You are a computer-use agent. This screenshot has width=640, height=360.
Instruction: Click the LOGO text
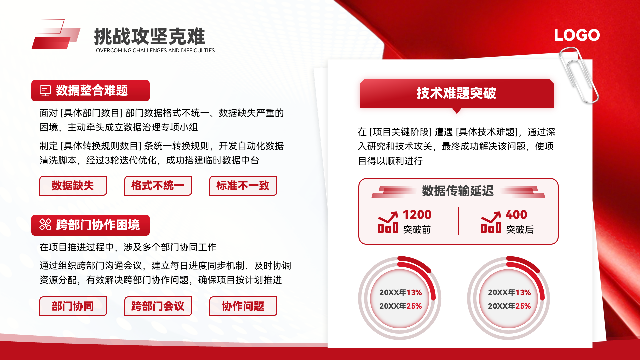coord(577,35)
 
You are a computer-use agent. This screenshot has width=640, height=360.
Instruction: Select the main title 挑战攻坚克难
coord(150,36)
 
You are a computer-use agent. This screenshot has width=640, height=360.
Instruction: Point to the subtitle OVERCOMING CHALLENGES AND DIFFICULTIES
coord(155,50)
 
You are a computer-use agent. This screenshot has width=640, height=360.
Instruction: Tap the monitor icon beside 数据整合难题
coord(45,91)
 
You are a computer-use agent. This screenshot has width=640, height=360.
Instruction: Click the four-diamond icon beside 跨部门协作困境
coord(45,225)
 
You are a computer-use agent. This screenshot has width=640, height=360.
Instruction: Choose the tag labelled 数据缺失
coord(73,186)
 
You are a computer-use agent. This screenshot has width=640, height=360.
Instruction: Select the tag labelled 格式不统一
coord(158,186)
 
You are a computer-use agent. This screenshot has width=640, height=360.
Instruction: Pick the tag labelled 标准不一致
coord(243,186)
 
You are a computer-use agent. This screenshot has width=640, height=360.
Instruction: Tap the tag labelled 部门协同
coord(73,306)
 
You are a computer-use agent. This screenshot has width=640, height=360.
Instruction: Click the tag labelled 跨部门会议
coord(158,306)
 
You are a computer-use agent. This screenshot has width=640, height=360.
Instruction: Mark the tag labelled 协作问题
coord(243,306)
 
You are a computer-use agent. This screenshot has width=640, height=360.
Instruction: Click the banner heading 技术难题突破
coord(456,93)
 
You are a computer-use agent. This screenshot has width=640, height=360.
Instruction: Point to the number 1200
coord(417,215)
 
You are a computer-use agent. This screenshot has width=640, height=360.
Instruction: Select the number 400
coord(516,215)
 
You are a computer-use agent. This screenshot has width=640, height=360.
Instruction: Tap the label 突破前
coord(417,230)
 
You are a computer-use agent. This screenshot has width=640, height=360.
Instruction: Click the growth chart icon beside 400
coord(491,222)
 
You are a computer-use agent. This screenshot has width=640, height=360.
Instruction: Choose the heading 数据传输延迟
coord(458,191)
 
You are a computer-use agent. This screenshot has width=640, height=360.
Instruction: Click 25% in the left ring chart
coord(414,306)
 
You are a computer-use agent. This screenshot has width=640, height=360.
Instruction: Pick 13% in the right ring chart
coord(523,292)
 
